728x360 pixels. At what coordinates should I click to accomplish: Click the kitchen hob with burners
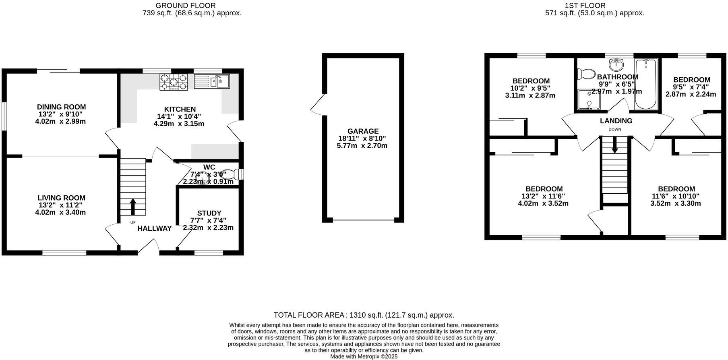pos(174,82)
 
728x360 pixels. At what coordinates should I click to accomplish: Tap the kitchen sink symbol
pos(212,82)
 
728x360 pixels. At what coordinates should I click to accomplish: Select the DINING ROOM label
pos(61,107)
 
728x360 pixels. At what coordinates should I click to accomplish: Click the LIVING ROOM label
pos(61,198)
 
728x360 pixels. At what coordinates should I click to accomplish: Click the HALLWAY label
pos(155,229)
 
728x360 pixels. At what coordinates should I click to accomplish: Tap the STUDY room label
pos(209,213)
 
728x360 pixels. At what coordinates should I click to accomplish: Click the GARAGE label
pos(363,131)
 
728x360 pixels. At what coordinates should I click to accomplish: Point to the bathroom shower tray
pos(589,99)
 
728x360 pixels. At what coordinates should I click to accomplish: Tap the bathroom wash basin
pos(616,64)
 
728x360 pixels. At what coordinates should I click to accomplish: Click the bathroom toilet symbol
pos(586,74)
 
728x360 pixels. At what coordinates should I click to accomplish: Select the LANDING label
pos(616,121)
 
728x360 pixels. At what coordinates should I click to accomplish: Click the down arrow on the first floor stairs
pos(614,145)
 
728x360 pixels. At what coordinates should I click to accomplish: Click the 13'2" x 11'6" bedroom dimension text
pos(544,196)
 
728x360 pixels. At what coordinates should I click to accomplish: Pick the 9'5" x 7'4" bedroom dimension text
pos(691,87)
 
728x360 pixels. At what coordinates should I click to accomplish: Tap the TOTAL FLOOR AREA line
pos(364,315)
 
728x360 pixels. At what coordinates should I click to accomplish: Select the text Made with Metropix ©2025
pos(364,356)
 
